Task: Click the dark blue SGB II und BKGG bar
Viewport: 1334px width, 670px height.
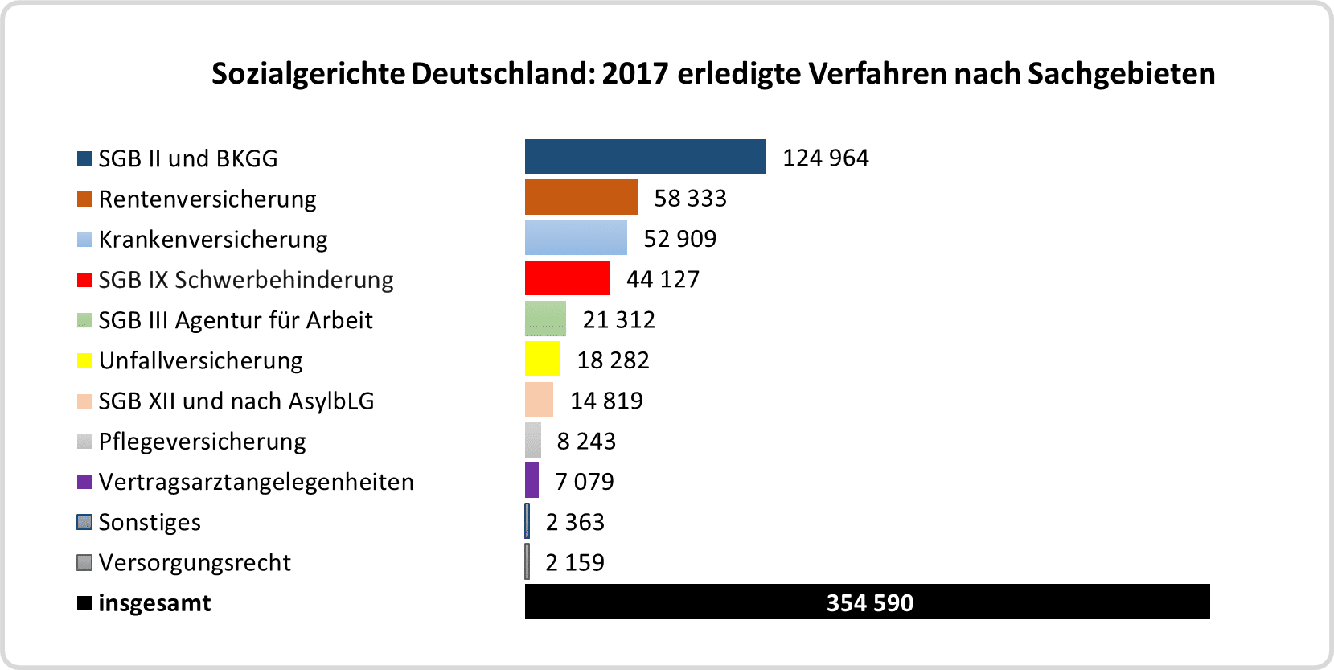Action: click(645, 157)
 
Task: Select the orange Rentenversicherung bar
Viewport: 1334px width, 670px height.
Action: click(581, 197)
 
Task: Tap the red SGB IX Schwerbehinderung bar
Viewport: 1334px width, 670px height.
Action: click(567, 278)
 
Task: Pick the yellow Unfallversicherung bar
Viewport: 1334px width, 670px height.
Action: click(543, 359)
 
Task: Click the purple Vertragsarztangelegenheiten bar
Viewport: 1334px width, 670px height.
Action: click(532, 480)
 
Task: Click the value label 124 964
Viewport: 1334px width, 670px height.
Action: click(825, 158)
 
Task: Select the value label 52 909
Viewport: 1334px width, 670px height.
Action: click(679, 239)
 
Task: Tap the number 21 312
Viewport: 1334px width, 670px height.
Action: click(618, 319)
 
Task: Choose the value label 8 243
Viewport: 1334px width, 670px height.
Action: click(586, 441)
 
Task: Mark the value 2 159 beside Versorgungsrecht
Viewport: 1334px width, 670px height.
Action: click(574, 562)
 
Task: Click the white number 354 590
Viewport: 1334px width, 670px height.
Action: click(869, 602)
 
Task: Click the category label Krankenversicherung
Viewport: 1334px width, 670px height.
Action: click(213, 240)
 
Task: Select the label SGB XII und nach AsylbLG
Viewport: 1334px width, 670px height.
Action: click(236, 401)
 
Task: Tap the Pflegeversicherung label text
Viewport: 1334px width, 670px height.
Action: click(202, 442)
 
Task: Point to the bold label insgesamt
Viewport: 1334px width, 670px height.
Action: click(154, 603)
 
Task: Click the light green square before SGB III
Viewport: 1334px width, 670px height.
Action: click(84, 320)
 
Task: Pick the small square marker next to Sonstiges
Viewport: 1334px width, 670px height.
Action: click(84, 522)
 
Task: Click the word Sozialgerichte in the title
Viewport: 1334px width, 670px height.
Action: click(309, 74)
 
